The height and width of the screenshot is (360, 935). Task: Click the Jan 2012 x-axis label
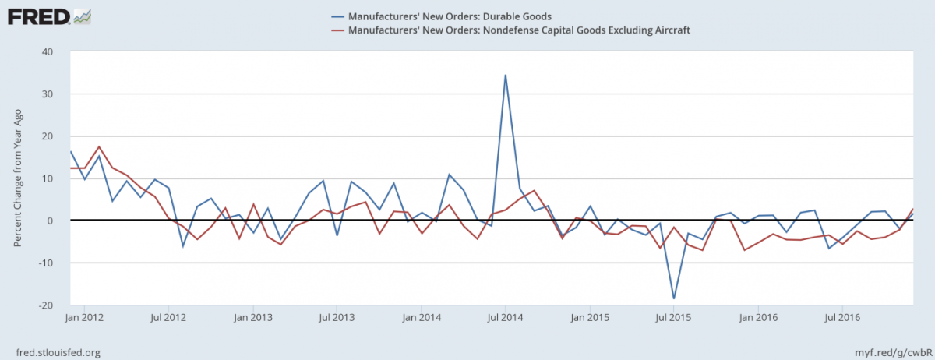(x=84, y=317)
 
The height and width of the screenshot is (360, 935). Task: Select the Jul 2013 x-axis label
(x=337, y=317)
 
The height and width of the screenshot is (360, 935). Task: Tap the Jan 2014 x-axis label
(x=422, y=317)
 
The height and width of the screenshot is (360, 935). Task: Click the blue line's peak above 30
(x=506, y=76)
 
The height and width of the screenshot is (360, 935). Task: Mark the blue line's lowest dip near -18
(x=674, y=298)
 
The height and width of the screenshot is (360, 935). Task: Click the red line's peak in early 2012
(x=99, y=146)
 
